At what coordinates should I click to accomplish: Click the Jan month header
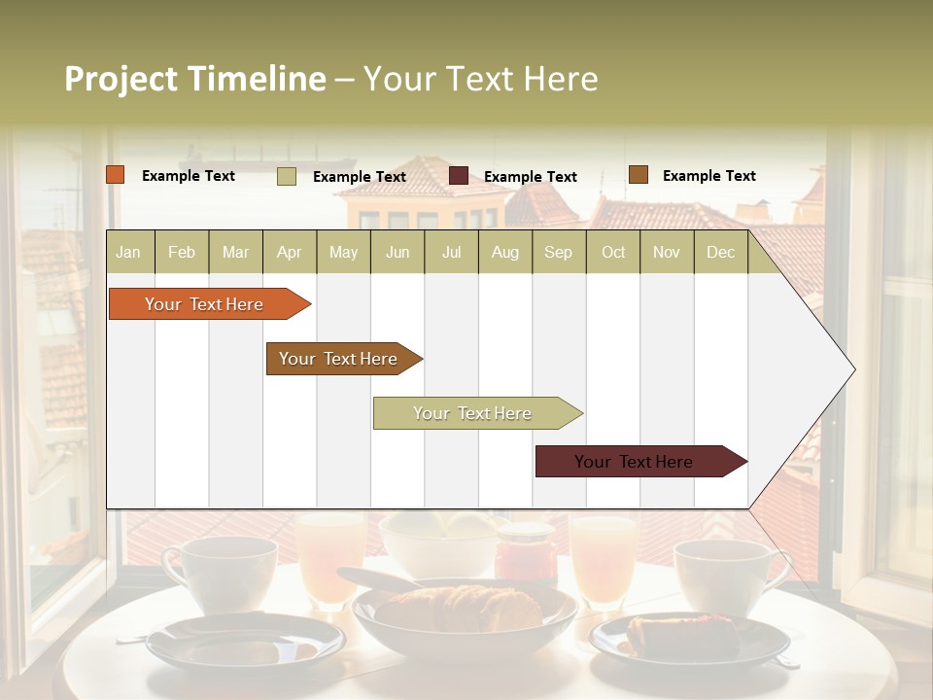tap(129, 252)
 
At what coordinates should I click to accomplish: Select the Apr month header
tap(290, 252)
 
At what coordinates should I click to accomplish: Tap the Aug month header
tap(505, 252)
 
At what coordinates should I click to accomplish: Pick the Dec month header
tap(721, 252)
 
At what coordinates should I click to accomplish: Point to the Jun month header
tap(397, 252)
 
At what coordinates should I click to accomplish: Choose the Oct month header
tap(613, 252)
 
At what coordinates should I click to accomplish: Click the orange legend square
tap(116, 175)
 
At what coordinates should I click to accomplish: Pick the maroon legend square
tap(459, 176)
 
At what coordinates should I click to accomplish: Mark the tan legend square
tap(287, 176)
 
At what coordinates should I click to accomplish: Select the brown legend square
tap(638, 175)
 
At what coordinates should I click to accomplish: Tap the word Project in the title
tap(120, 79)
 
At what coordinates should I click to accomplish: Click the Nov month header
tap(667, 252)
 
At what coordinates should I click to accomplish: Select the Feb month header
tap(182, 252)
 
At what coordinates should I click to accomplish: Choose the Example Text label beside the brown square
tap(708, 175)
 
